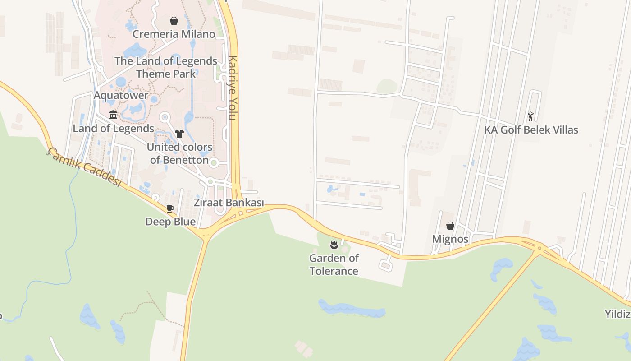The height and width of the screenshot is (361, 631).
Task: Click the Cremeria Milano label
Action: [174, 34]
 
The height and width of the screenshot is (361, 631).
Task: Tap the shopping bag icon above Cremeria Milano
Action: [174, 21]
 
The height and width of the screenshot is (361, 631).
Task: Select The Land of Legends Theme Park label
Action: [166, 67]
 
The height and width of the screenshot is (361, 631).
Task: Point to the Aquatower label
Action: [121, 96]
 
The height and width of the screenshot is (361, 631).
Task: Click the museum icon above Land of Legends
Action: [113, 115]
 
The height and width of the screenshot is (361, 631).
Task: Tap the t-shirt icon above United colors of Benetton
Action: [179, 133]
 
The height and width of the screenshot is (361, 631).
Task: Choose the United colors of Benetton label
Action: [179, 153]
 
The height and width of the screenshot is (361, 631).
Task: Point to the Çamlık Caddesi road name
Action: [85, 167]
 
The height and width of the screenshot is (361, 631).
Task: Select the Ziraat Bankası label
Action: [229, 203]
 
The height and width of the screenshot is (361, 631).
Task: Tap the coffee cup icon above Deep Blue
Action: [170, 208]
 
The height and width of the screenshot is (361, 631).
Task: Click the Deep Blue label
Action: [170, 222]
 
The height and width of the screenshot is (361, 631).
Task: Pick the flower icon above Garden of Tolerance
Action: [334, 245]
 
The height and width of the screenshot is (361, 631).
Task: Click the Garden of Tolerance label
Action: [334, 264]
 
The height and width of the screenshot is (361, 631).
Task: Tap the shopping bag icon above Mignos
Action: [450, 226]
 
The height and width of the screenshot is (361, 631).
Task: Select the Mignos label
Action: [450, 239]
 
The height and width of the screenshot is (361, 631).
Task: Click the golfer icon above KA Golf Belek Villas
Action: [530, 116]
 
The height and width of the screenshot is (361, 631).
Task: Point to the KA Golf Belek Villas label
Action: [531, 130]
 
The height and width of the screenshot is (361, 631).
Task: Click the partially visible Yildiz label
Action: [617, 314]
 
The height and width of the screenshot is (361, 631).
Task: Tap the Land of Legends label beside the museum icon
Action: [114, 129]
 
